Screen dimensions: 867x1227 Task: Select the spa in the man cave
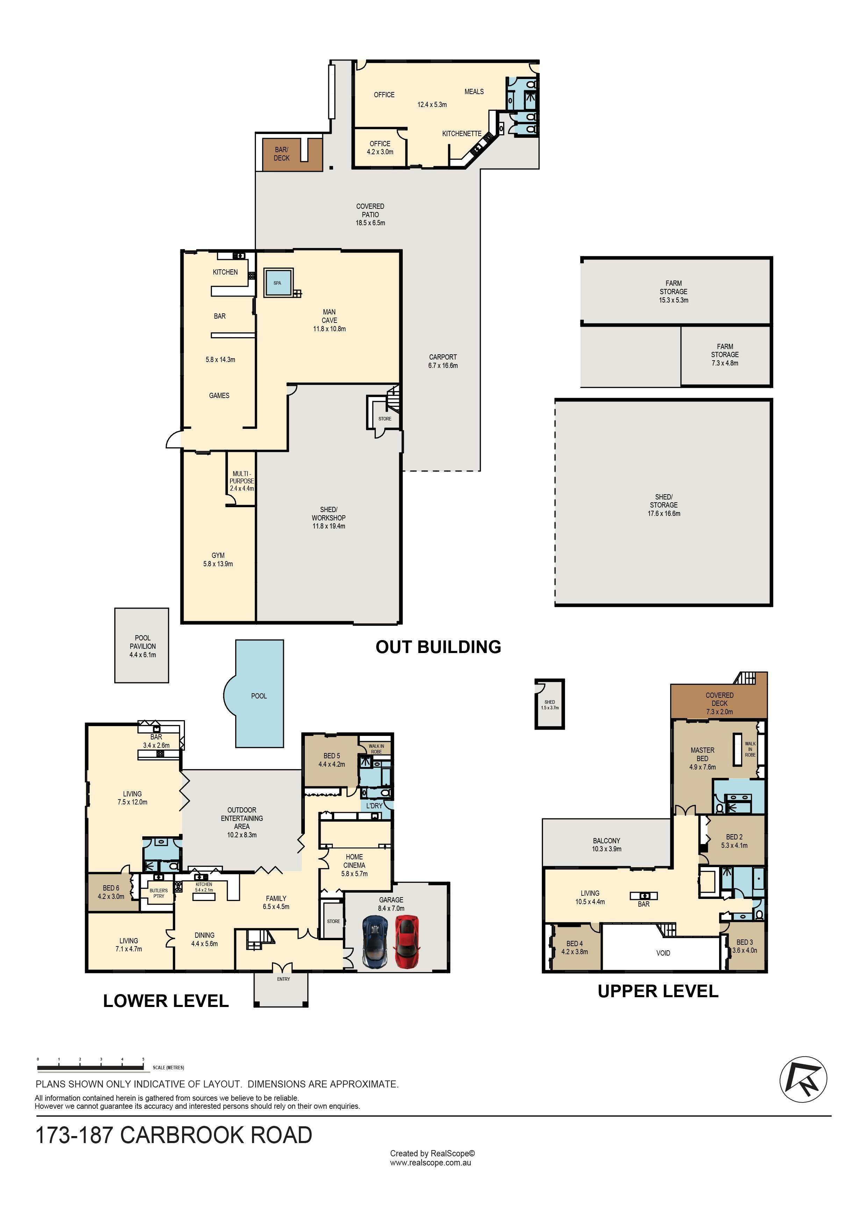pos(278,283)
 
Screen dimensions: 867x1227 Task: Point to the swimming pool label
pos(259,696)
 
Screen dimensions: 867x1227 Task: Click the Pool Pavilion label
pos(143,646)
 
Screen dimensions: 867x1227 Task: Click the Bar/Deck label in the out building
pos(281,154)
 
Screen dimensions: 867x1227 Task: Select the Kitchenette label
pos(462,134)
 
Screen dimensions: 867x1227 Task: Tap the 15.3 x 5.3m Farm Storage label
pos(674,292)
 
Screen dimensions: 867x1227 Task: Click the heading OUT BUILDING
pos(439,647)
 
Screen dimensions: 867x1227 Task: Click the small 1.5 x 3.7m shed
pos(550,704)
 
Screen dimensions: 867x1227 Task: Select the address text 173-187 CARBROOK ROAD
pos(174,1135)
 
